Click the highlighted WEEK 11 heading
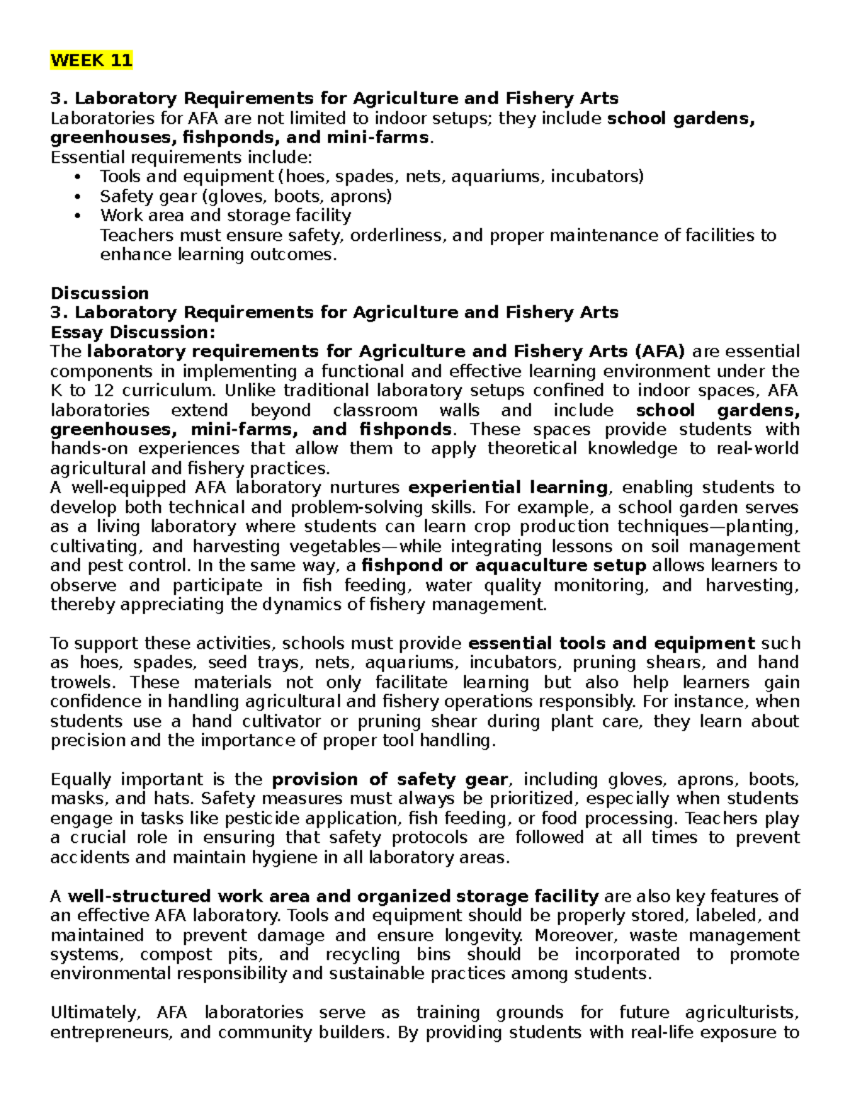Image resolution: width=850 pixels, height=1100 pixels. click(x=91, y=60)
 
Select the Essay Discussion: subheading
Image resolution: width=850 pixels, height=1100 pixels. click(x=132, y=332)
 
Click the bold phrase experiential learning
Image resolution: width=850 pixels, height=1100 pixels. click(x=508, y=487)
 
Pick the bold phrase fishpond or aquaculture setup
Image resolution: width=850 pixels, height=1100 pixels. click(x=504, y=565)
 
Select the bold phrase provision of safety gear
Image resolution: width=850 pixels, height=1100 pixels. click(x=390, y=779)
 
